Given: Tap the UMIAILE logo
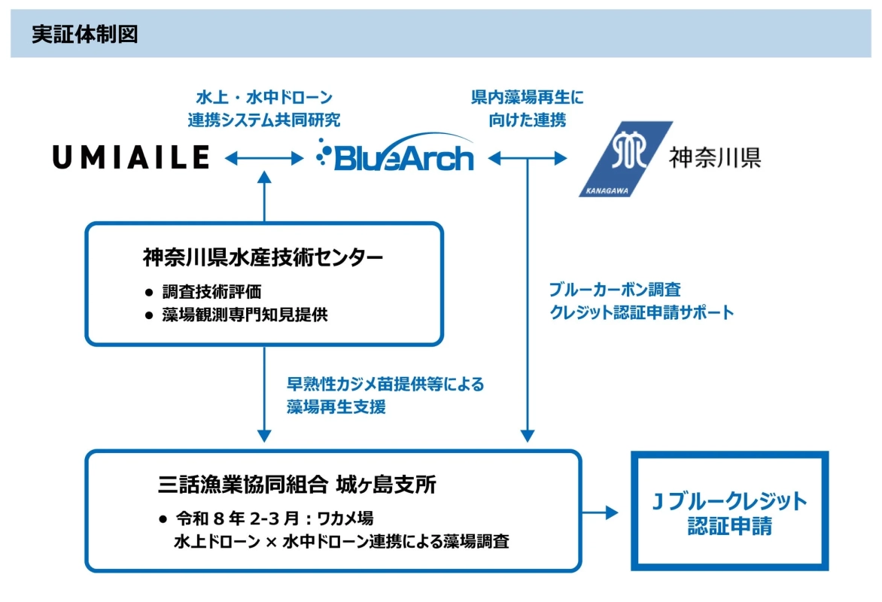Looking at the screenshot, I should coord(131,157).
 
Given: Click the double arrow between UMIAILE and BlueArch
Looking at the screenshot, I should coord(263,157).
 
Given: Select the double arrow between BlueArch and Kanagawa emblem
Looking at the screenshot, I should coord(528,157).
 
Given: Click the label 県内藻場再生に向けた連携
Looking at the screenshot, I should coord(527,108).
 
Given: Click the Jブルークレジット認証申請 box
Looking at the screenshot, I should coord(729,512).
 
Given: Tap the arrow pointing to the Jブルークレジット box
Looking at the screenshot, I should coord(600,512).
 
